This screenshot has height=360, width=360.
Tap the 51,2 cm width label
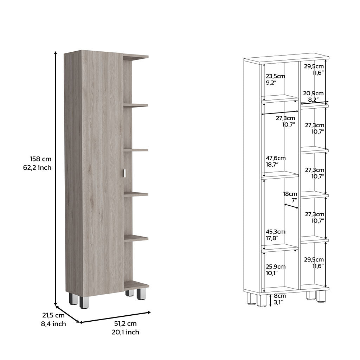[125, 324]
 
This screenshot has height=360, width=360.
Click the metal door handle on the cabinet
[124, 173]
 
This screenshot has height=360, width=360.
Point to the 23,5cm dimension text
[275, 76]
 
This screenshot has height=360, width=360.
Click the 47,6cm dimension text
[275, 158]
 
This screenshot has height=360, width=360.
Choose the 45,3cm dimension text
[275, 232]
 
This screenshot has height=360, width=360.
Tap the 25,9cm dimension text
[275, 266]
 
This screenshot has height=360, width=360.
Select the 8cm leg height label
[279, 296]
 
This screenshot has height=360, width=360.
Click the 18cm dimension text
[290, 194]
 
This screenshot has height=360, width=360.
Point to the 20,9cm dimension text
[314, 93]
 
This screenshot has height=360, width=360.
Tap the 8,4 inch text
[53, 324]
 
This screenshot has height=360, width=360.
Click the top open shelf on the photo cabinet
[136, 56]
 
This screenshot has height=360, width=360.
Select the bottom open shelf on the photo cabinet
[136, 285]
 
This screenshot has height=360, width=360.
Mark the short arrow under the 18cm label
[291, 205]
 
